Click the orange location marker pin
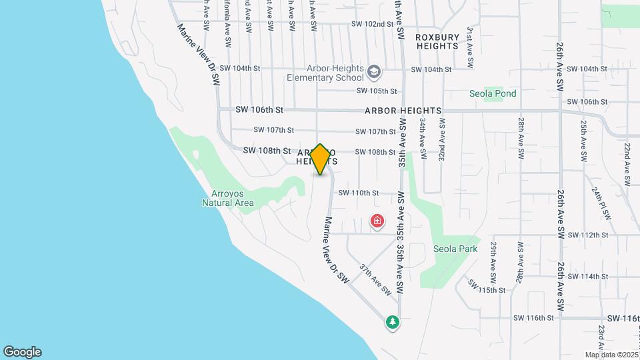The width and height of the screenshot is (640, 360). (x=320, y=159)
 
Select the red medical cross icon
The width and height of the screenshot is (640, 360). (x=377, y=221)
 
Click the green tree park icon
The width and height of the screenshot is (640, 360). (x=393, y=322)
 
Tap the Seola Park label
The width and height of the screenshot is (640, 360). (x=456, y=249)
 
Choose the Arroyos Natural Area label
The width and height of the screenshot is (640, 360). (x=228, y=197)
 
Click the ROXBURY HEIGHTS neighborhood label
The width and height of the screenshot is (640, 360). (x=437, y=41)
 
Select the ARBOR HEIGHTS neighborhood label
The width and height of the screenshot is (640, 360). (x=403, y=110)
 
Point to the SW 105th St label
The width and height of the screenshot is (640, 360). (x=377, y=91)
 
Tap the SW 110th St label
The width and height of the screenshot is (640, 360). (x=359, y=193)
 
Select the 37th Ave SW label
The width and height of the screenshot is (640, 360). (x=375, y=279)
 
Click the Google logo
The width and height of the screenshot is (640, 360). (x=22, y=352)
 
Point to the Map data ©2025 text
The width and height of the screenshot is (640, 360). (x=610, y=355)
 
